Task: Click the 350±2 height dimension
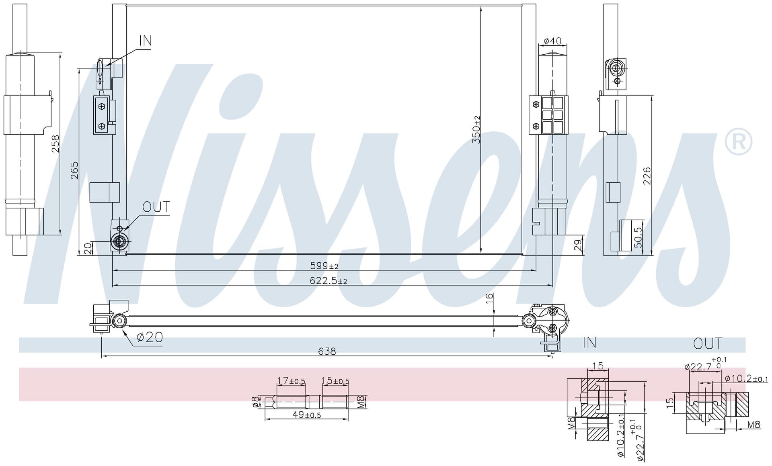point(476,129)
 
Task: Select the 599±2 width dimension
point(324,266)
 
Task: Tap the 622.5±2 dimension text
point(328,280)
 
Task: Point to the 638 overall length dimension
point(327,352)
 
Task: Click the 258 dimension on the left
point(55,144)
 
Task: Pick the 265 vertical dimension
point(74,170)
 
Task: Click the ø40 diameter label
point(552,41)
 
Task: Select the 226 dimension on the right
point(647,176)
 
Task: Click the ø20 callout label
point(150,337)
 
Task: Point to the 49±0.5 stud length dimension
point(307,415)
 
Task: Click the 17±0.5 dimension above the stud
point(291,380)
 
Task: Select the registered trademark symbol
point(738,141)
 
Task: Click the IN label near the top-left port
point(146,41)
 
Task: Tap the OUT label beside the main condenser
point(156,207)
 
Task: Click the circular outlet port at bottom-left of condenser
point(119,242)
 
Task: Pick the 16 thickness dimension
point(489,298)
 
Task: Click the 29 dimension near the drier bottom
point(578,245)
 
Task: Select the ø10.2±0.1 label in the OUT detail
point(746,378)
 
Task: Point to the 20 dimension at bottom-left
point(88,249)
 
